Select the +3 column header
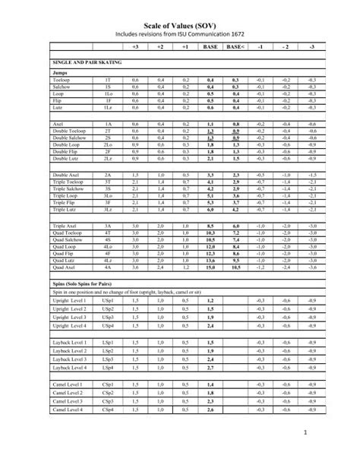tap(136, 46)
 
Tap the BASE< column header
tap(235, 46)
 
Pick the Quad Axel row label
tap(65, 267)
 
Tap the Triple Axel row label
tap(65, 226)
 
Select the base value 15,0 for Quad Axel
tap(210, 267)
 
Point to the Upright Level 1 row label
tap(69, 302)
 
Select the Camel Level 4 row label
tap(68, 410)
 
